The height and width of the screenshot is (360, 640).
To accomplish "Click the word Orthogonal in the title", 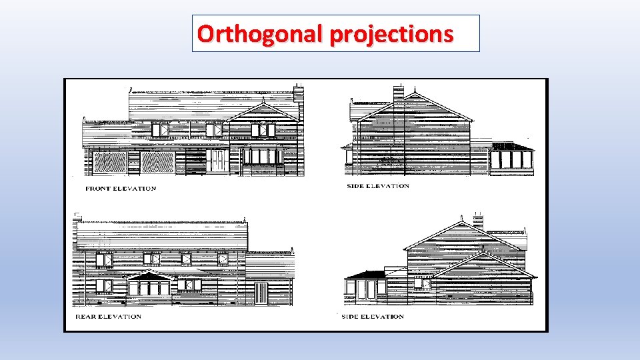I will coord(259,33).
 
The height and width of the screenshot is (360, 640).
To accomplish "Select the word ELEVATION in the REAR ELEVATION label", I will coord(121,316).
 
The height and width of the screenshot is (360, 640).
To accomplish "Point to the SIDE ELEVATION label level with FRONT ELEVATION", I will coord(378,186).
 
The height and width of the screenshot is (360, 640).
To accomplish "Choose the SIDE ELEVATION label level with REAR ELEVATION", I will coord(373,316).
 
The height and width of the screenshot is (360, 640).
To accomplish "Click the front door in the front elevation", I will coord(217,161).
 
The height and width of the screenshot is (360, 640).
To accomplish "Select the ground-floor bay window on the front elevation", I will coord(263,156).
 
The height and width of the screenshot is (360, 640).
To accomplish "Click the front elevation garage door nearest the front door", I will coord(157,162).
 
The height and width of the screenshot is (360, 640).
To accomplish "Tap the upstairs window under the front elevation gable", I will coord(263,130).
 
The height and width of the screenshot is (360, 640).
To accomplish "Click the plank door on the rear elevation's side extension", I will coord(261,292).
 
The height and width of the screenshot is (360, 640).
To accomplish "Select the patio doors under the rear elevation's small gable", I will coord(149,287).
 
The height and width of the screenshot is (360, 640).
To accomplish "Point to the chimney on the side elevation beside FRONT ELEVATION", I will coord(398,92).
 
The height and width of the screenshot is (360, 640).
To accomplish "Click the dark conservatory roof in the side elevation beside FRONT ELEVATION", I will coord(511,146).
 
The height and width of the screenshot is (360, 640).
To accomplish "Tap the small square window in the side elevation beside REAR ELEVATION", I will coord(421,283).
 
